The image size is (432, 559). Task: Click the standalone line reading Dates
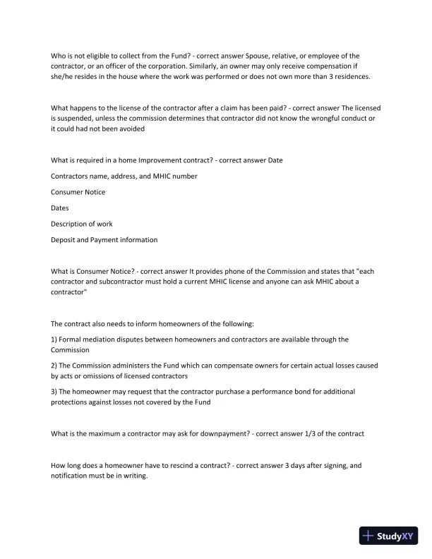pyautogui.click(x=60, y=208)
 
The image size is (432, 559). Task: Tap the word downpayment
pyautogui.click(x=222, y=433)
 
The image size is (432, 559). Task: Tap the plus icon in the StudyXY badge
pyautogui.click(x=368, y=536)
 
